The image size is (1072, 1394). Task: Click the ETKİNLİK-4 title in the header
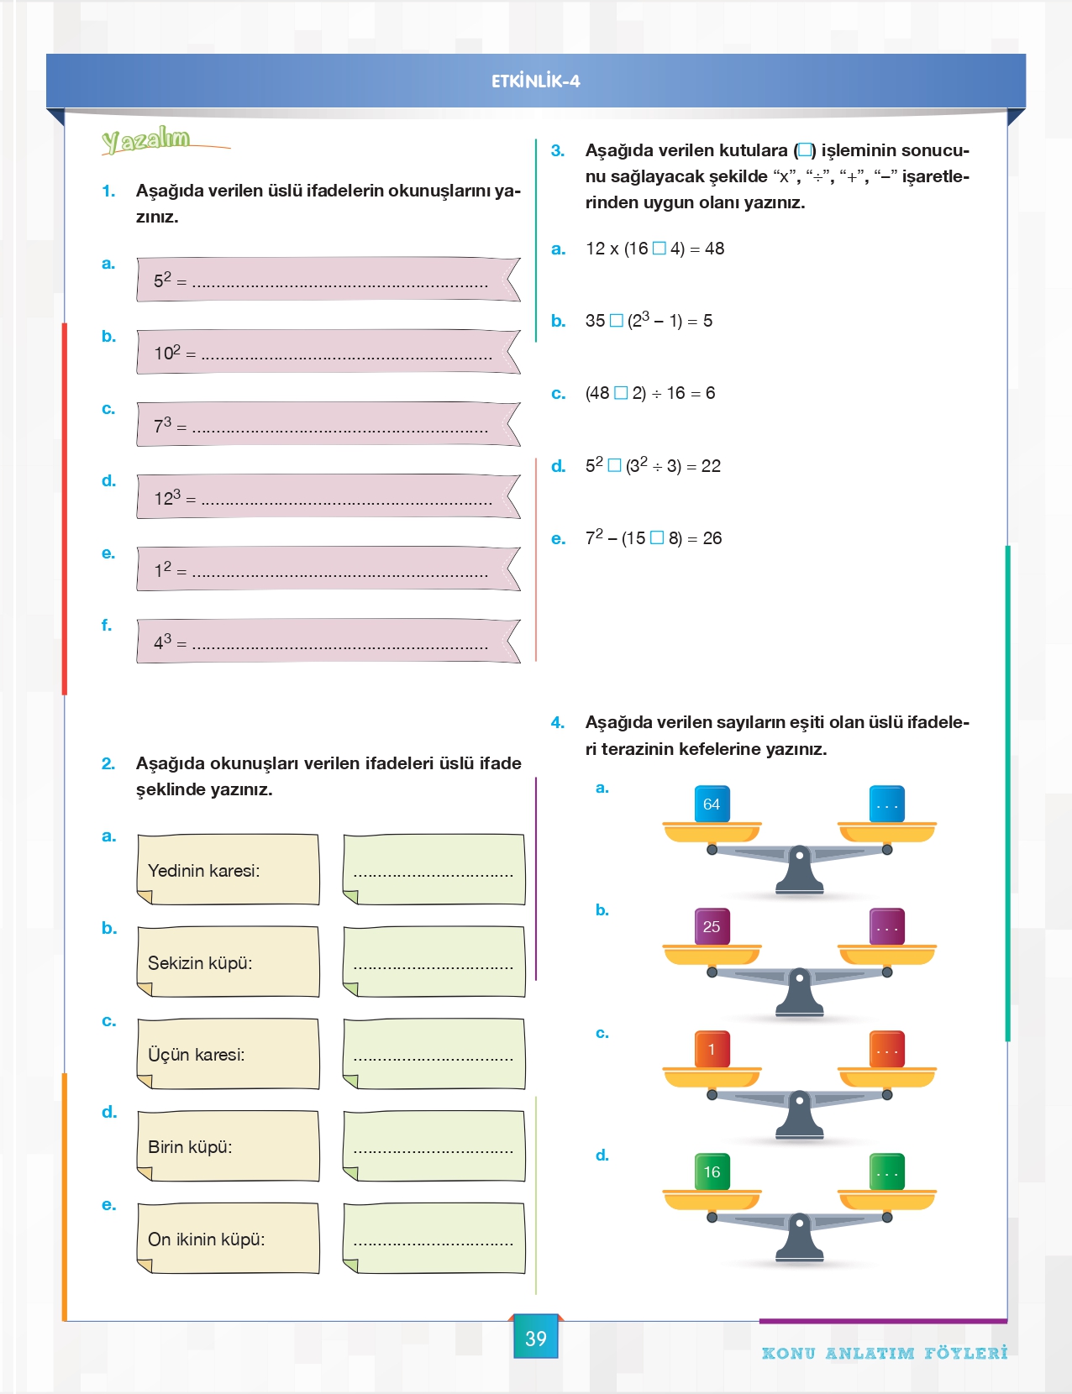coord(536,81)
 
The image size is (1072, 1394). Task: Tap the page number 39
coord(536,1339)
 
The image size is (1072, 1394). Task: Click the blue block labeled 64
coord(712,804)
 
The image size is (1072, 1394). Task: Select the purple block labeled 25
coord(712,926)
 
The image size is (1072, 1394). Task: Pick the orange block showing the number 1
coord(712,1050)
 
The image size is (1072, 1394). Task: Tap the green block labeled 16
coord(712,1172)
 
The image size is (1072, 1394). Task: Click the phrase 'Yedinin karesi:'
coord(204,871)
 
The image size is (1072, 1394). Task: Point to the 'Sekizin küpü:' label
coord(200,963)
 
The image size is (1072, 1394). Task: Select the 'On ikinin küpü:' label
coord(206,1239)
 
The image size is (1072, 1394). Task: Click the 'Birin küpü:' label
coord(190,1147)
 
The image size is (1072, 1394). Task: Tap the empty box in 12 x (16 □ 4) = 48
coord(659,249)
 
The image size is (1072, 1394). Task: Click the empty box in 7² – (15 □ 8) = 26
coord(657,537)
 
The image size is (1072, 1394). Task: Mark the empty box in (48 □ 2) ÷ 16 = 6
coord(621,393)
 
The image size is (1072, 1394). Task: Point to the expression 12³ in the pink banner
coord(167,496)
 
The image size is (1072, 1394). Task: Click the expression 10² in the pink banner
coord(167,352)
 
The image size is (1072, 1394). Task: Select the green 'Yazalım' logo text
coord(146,140)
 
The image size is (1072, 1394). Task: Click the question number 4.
coord(558,723)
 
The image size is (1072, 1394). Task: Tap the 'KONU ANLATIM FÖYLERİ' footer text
coord(885,1354)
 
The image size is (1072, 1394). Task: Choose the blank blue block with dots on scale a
coord(887,804)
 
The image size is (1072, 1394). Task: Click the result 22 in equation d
coord(711,466)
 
